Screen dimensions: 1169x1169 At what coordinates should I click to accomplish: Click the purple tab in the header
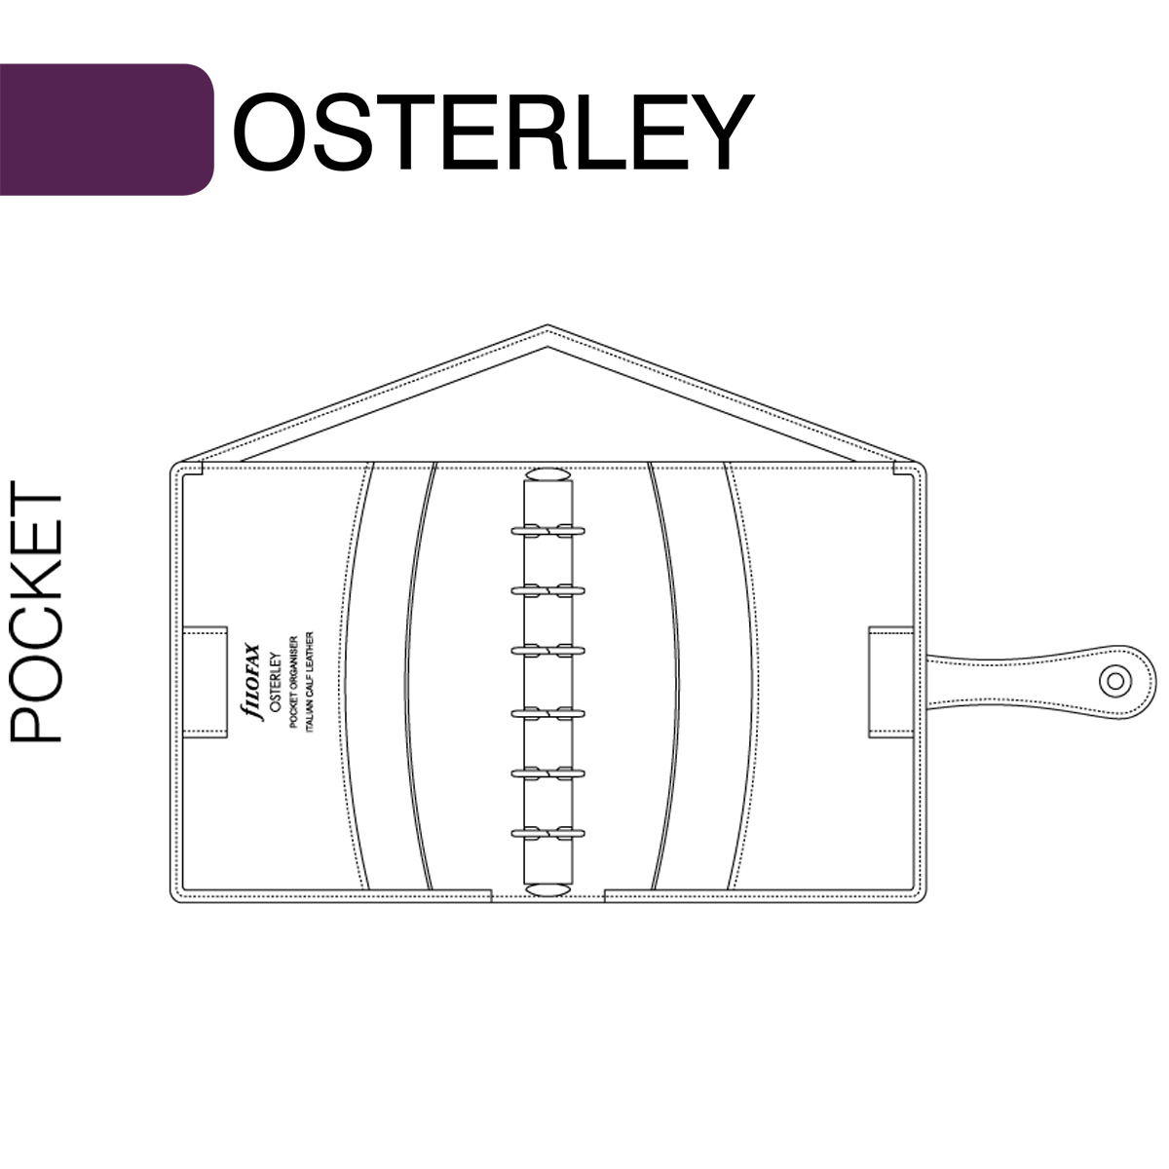click(x=107, y=130)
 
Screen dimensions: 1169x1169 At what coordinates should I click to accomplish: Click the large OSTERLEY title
click(x=493, y=132)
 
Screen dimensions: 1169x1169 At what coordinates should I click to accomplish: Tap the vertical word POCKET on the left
click(x=36, y=612)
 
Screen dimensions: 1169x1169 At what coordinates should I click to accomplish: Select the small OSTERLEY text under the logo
click(x=275, y=683)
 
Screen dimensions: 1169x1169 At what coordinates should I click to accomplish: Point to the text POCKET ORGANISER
click(x=293, y=683)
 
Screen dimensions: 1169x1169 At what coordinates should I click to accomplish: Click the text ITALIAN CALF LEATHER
click(x=310, y=683)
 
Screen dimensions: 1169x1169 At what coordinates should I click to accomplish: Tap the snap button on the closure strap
click(x=1115, y=681)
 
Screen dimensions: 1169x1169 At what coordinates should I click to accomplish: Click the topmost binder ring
click(x=547, y=531)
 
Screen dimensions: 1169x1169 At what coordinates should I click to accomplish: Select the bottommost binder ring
click(x=547, y=833)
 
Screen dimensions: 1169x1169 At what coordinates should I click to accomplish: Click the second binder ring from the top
click(x=547, y=590)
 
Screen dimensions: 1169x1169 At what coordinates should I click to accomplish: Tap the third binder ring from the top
click(x=547, y=651)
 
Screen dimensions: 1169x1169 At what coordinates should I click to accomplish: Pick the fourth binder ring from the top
click(x=547, y=712)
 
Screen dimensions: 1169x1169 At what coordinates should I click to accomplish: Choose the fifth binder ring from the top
click(x=547, y=773)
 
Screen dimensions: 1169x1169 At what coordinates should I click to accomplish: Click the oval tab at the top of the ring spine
click(x=547, y=474)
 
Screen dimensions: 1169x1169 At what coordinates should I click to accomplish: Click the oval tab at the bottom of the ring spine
click(x=547, y=890)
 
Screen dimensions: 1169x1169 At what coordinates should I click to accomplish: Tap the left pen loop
click(x=205, y=683)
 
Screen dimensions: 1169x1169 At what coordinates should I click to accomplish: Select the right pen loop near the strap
click(x=891, y=683)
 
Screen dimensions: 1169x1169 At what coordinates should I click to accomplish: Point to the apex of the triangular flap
click(x=547, y=324)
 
